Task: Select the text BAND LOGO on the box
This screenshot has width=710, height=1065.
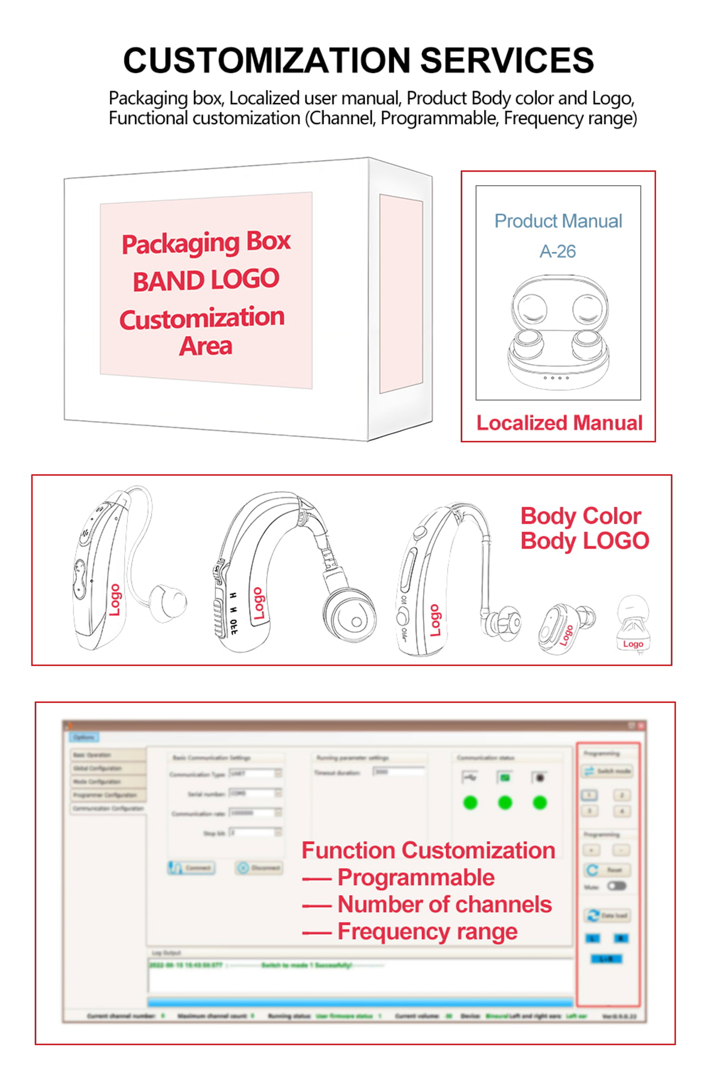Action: [x=206, y=280]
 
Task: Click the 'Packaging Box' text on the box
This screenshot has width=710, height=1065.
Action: [x=206, y=243]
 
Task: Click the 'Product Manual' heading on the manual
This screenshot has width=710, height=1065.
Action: [x=558, y=221]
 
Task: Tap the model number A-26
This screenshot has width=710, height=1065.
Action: [x=557, y=251]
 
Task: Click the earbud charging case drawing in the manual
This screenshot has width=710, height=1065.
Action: [x=558, y=331]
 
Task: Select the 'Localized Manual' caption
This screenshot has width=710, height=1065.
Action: [x=559, y=423]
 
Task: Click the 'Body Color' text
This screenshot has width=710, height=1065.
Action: [x=580, y=516]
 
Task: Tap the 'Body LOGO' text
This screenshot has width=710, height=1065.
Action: [x=585, y=541]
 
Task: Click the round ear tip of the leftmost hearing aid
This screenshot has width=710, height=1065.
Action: [x=167, y=603]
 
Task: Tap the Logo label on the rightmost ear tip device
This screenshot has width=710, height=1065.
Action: [x=632, y=644]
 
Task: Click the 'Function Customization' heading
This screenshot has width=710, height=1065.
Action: [x=428, y=850]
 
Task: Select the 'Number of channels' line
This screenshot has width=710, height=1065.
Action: [x=444, y=904]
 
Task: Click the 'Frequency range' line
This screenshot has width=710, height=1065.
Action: [x=427, y=931]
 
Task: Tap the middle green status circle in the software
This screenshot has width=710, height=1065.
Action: [x=505, y=803]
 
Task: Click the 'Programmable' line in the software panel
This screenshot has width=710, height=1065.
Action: [x=416, y=877]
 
